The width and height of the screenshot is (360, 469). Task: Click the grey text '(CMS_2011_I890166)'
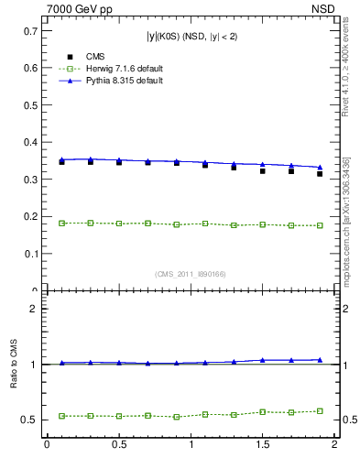pos(191,274)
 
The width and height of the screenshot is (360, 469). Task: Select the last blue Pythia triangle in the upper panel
pos(320,168)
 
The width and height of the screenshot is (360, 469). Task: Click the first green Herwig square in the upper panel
pos(61,224)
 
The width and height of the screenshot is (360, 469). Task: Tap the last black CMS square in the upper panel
pos(320,173)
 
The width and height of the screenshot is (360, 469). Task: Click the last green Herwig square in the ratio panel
pos(320,410)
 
